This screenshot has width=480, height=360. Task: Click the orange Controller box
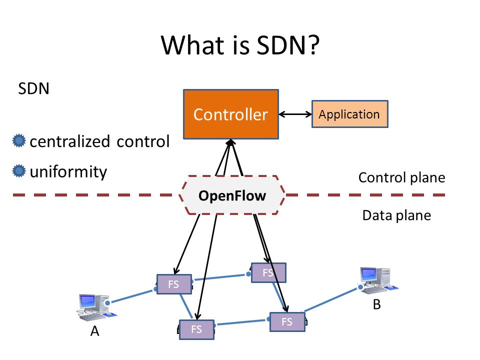click(x=231, y=114)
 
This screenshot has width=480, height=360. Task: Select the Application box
click(x=350, y=114)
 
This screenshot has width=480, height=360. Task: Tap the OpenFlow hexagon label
click(x=232, y=195)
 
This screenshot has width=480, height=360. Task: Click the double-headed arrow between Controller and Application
click(x=295, y=114)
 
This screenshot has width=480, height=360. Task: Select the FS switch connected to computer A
click(x=174, y=284)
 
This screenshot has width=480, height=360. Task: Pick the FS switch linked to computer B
click(x=287, y=321)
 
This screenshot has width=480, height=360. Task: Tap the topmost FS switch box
click(x=268, y=272)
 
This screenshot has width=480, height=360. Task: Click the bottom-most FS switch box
click(x=196, y=329)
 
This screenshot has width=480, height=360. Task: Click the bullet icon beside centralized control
click(x=19, y=141)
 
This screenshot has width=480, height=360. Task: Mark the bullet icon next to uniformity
click(x=19, y=171)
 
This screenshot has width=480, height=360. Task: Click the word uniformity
click(x=68, y=171)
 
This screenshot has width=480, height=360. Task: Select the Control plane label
click(x=401, y=177)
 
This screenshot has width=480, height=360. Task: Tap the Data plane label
click(x=396, y=215)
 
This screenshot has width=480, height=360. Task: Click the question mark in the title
click(x=313, y=45)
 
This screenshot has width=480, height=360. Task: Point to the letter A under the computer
click(x=95, y=331)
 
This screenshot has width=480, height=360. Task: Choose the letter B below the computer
click(x=377, y=304)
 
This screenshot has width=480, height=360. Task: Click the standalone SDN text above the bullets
click(x=33, y=89)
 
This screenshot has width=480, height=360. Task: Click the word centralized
click(x=70, y=141)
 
